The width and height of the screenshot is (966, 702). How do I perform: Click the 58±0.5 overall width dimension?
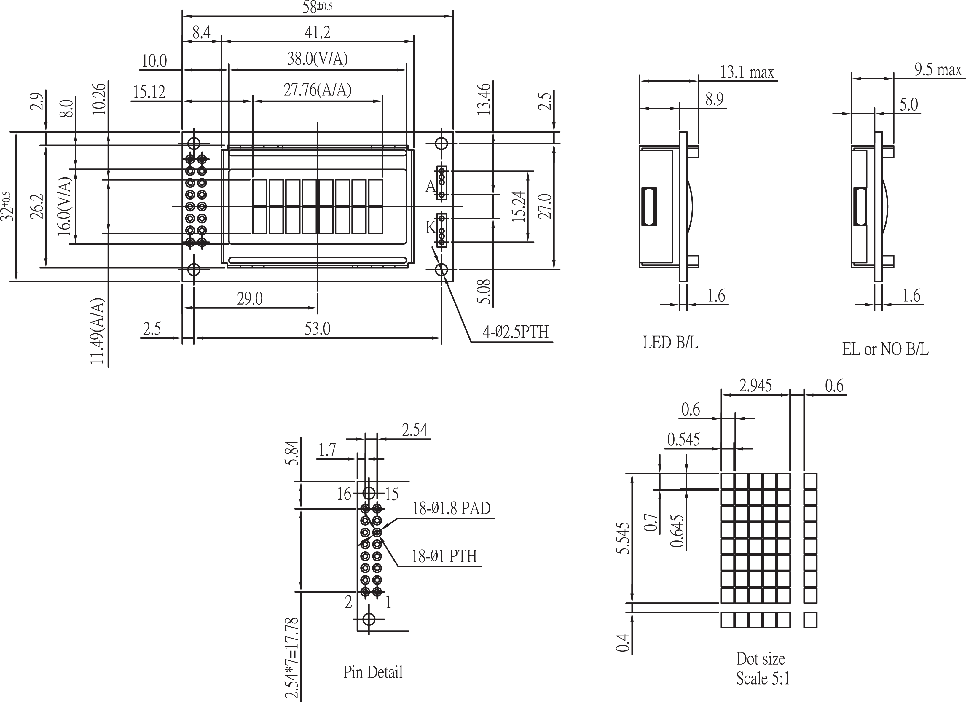coord(317,7)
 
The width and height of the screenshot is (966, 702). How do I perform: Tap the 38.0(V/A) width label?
coord(317,59)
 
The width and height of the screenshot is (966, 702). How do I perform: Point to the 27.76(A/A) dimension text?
coord(317,90)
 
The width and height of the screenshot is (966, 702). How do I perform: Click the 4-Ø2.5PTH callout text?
coord(515,332)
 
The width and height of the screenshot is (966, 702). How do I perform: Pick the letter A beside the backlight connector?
coord(431,187)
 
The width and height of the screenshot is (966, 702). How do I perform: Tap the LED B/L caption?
coord(670,343)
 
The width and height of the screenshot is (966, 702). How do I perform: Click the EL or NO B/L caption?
coord(885,350)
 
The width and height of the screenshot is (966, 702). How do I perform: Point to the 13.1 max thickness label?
coord(747,72)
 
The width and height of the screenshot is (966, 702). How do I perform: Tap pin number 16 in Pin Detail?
coord(344,494)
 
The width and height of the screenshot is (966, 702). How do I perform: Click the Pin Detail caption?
coord(373,672)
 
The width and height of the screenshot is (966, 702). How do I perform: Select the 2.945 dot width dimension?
coord(755,386)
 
